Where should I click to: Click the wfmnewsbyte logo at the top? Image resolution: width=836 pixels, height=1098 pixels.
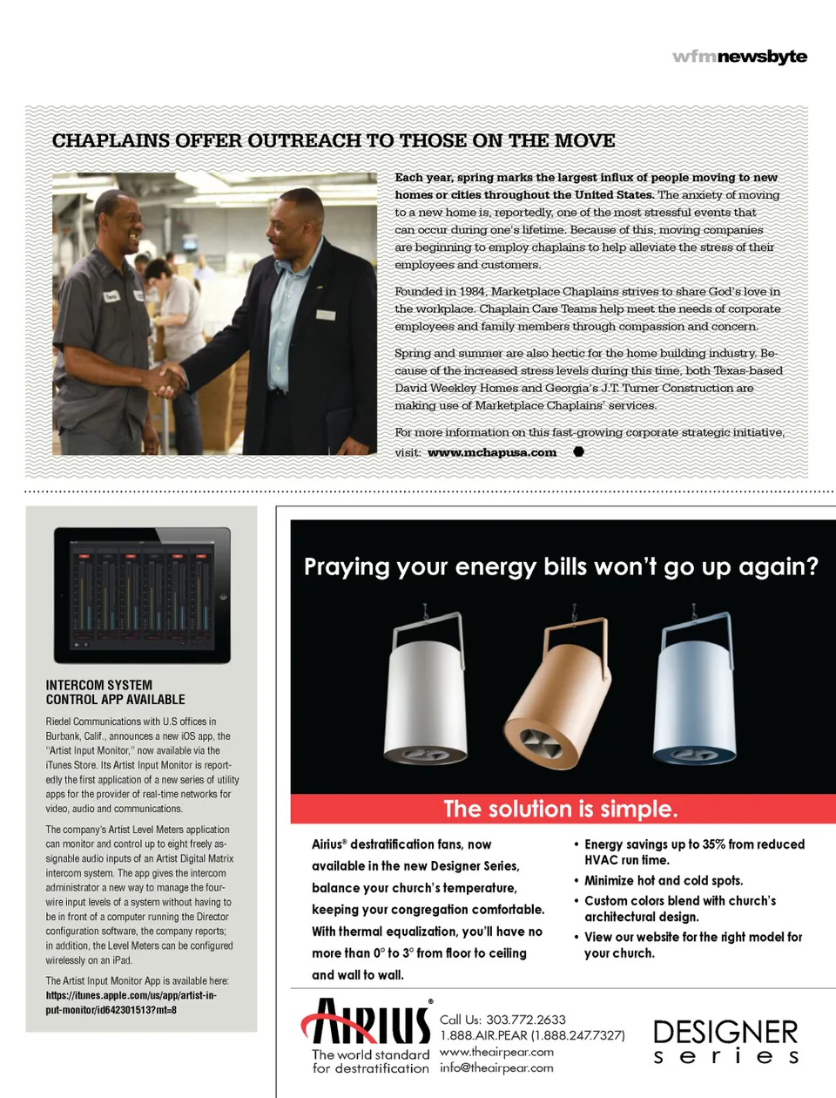pos(739,57)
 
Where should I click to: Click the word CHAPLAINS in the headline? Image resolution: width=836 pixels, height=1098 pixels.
pos(110,141)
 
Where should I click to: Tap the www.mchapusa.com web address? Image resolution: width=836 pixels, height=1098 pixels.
pos(492,452)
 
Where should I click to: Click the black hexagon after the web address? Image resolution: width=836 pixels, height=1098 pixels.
pos(578,451)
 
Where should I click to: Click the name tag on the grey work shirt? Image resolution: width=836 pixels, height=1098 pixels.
pos(111,295)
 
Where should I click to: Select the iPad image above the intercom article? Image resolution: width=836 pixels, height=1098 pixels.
pos(142,595)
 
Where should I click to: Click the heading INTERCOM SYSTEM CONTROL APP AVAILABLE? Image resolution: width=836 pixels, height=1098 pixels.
pos(116,692)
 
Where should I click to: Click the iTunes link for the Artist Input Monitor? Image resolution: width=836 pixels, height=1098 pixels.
pos(131,1002)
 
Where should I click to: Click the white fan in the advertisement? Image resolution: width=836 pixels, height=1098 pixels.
pos(426,688)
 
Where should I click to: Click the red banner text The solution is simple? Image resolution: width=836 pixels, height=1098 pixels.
pos(560,809)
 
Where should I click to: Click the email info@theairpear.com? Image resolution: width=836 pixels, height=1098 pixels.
pos(496,1067)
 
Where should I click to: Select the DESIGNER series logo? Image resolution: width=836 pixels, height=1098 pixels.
pos(725,1041)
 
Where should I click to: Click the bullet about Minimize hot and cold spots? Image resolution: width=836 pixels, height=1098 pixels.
pos(664,881)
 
